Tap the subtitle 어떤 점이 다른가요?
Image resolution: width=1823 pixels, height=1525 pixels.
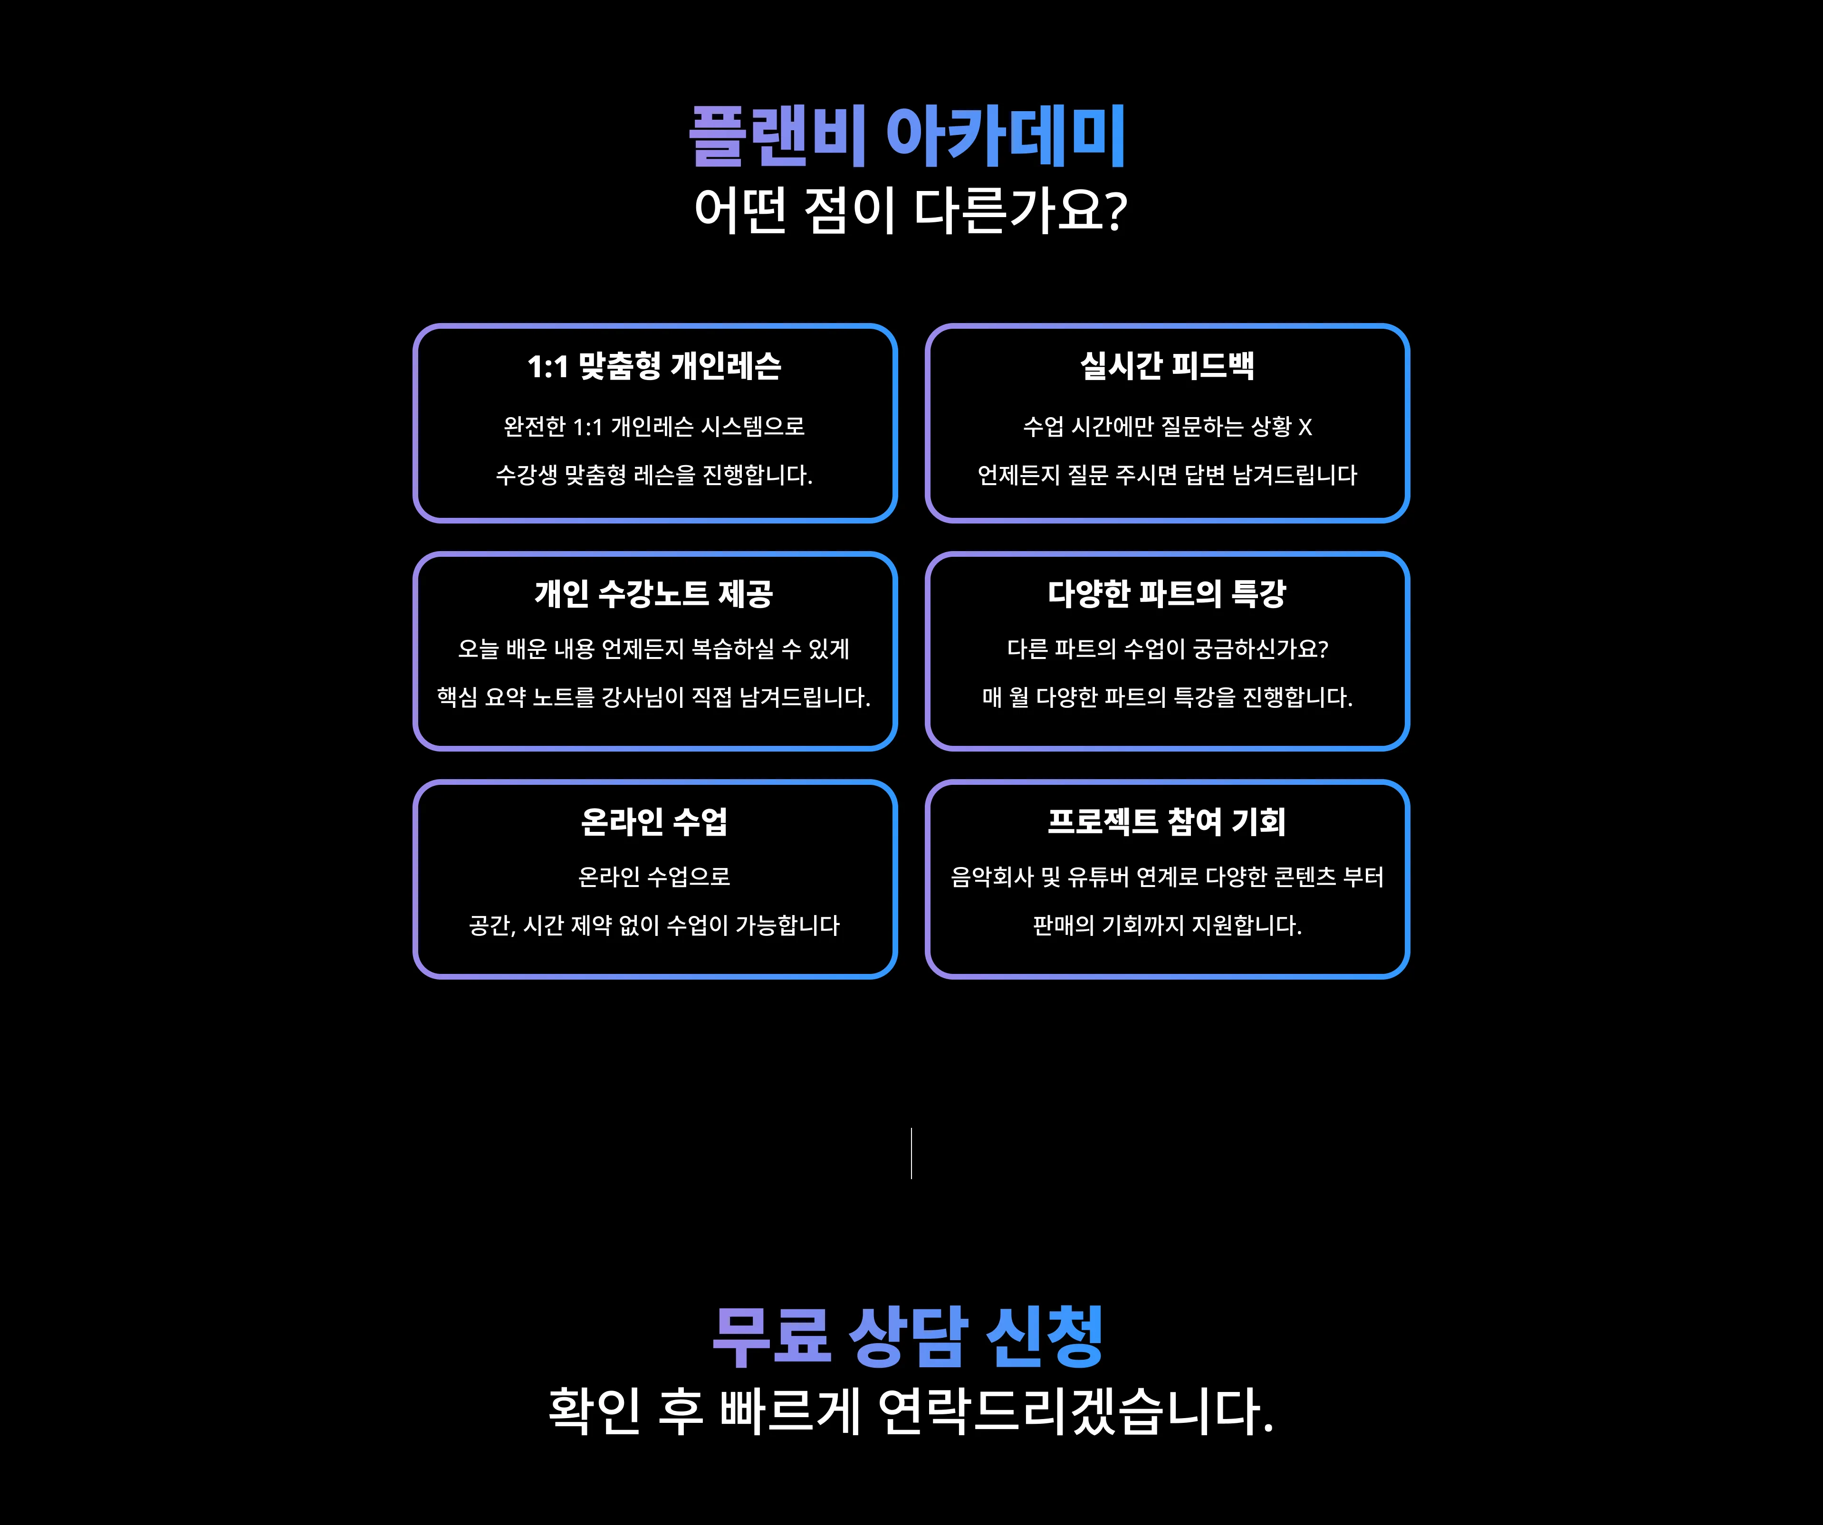coord(911,211)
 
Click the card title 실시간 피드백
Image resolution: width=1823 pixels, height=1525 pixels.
coord(1167,365)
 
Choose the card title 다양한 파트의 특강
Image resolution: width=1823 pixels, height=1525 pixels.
coord(1167,594)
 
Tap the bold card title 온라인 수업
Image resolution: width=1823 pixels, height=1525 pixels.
coord(654,821)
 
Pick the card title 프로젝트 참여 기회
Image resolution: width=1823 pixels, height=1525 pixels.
coord(1167,821)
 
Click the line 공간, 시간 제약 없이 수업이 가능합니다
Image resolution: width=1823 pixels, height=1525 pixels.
coord(654,926)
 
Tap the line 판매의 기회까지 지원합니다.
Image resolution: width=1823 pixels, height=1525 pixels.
coord(1167,926)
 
